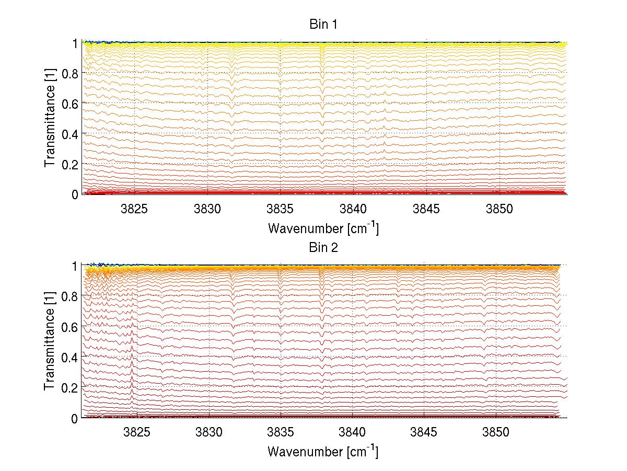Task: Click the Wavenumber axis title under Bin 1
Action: [322, 228]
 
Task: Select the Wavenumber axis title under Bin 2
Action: [322, 451]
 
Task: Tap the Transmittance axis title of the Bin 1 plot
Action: [50, 119]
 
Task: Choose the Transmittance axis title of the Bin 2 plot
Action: [50, 342]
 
